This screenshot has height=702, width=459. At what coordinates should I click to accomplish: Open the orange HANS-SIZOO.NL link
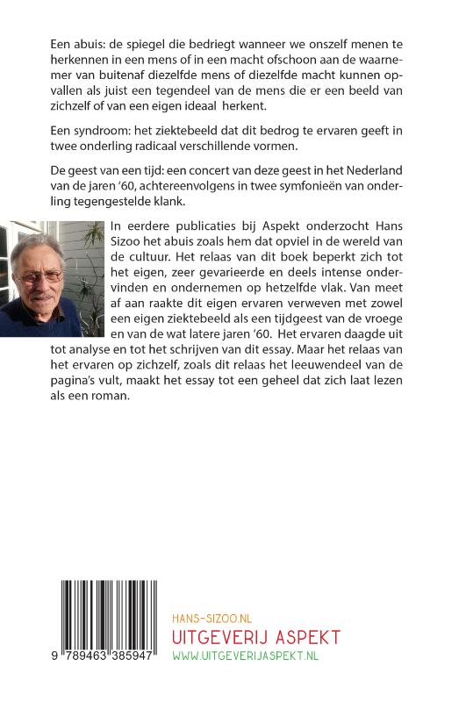coord(211,619)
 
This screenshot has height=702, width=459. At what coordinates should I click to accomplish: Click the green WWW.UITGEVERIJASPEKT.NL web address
coord(247,655)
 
